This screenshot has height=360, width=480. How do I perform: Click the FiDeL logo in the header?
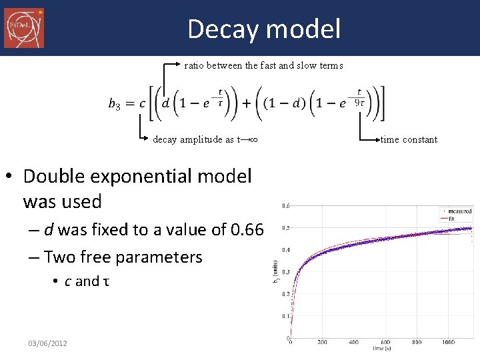coord(24,28)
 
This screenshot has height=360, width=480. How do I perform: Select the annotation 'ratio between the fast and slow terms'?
coord(263,65)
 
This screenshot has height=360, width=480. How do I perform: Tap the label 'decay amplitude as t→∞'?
coord(205,139)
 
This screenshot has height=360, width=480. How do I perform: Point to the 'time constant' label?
coord(409,139)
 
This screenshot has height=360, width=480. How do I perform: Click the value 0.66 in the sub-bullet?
coord(247,230)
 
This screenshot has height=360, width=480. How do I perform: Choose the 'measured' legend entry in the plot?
coord(459,211)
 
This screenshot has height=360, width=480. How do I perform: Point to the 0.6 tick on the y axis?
coord(285,205)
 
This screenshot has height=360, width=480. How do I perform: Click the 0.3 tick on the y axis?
coord(285,272)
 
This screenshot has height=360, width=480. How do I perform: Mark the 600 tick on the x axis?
coord(385,342)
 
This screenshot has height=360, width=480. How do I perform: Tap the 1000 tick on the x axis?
coord(448,342)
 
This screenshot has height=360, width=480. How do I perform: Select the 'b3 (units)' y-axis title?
coord(275,272)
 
